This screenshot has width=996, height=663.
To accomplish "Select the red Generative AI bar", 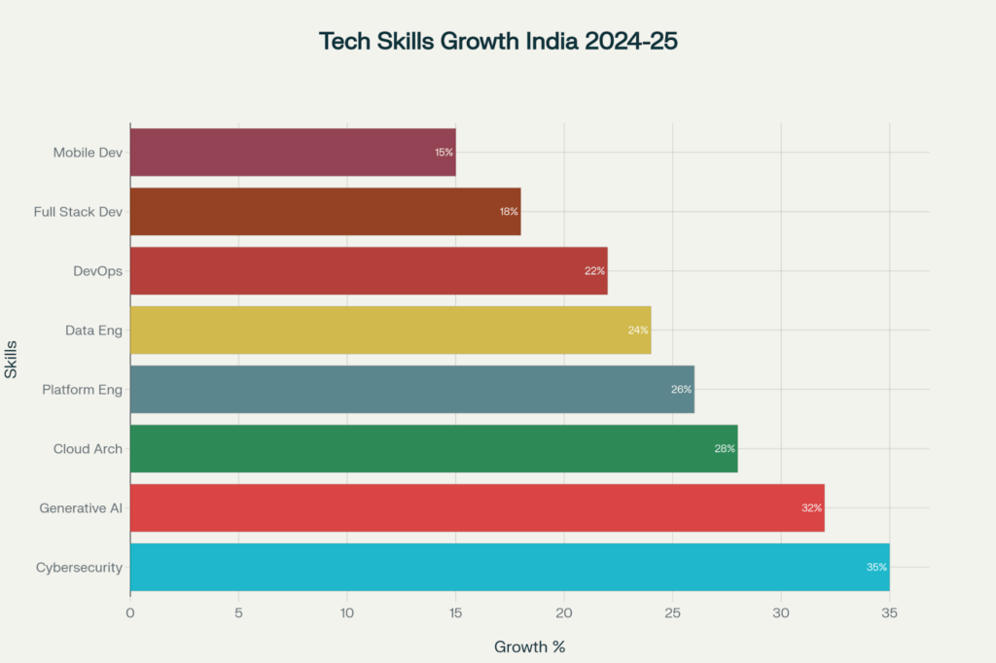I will (x=477, y=507).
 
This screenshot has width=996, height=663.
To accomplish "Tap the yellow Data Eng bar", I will (x=390, y=331).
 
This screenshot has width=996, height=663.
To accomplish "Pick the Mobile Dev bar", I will (x=292, y=153).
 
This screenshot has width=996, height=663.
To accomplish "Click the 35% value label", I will (x=876, y=567).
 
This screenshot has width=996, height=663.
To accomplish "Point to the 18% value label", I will (x=509, y=212).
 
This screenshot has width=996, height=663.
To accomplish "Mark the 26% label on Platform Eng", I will (x=681, y=390).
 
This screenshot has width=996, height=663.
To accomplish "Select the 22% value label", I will (x=594, y=271).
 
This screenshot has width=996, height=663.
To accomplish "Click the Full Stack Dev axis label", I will (x=78, y=212).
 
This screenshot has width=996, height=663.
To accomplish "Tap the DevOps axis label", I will (x=97, y=271).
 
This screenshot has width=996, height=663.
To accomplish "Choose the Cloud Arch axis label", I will (x=88, y=449).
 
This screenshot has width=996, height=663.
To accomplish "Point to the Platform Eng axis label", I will (x=82, y=390).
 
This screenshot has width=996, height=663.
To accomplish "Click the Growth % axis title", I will (x=529, y=646).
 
